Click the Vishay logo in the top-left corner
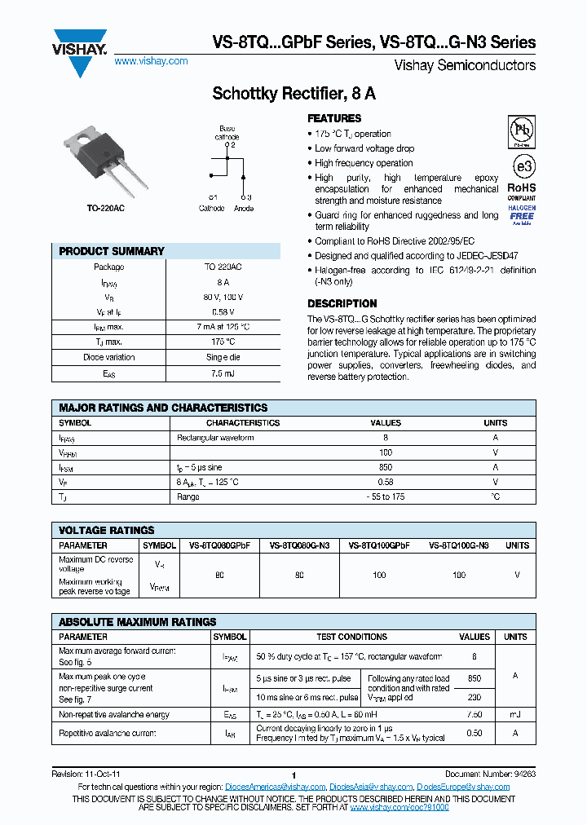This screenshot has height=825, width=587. (x=79, y=50)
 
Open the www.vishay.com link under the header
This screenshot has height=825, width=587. (x=151, y=61)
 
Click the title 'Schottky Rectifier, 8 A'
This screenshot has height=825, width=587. (x=293, y=93)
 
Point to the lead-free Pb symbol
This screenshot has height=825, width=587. (x=523, y=131)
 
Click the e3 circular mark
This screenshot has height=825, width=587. (x=523, y=166)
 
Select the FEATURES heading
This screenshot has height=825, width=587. (x=334, y=118)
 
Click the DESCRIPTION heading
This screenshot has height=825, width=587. (x=342, y=303)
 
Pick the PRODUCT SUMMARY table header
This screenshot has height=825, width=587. (x=112, y=251)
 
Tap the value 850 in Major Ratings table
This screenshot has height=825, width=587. (x=386, y=467)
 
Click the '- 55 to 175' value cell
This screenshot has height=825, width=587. (x=386, y=496)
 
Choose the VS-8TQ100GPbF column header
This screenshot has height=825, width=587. (x=379, y=545)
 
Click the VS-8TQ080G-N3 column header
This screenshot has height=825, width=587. (x=299, y=545)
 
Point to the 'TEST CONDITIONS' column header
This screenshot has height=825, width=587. (x=351, y=637)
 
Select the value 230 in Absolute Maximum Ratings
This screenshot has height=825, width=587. (x=474, y=696)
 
